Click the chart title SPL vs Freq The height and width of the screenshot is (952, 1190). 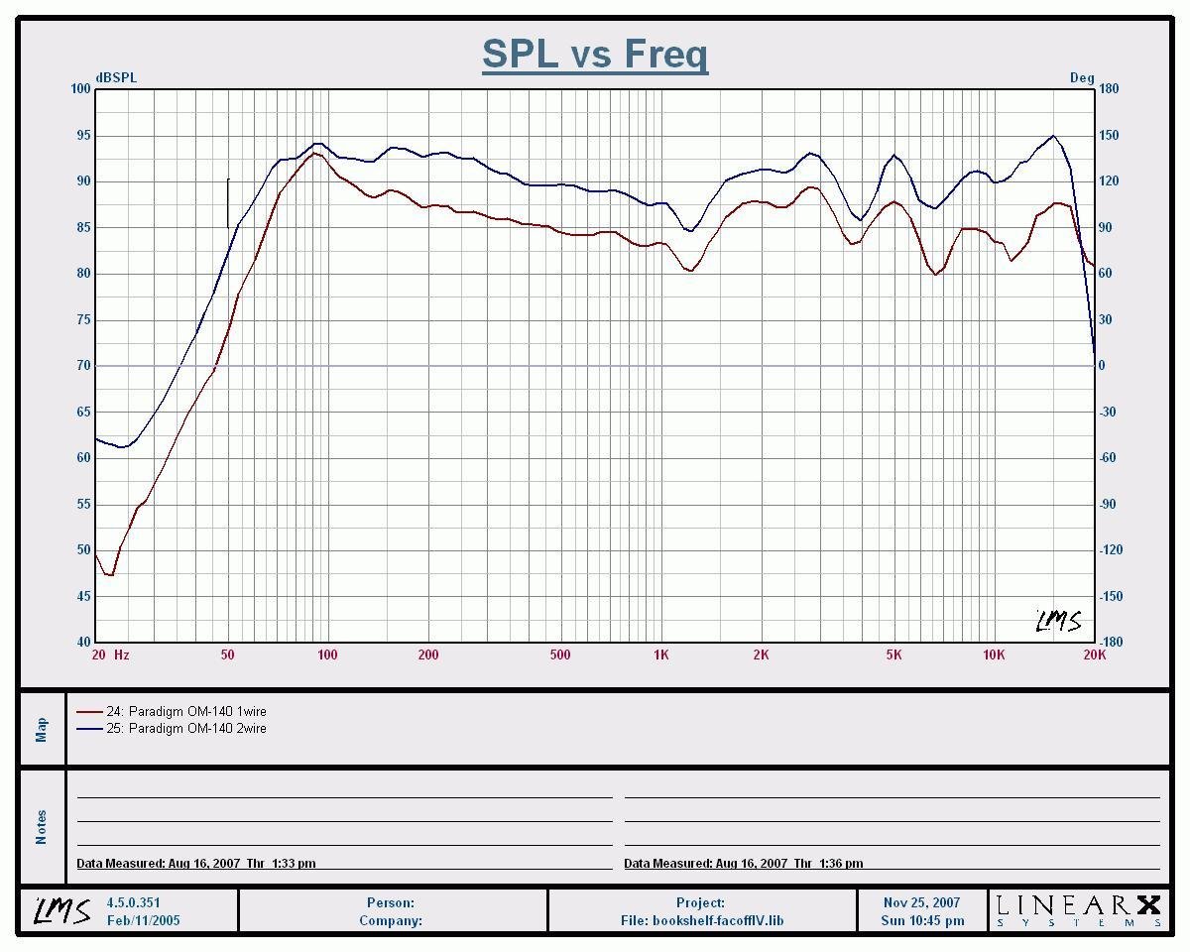(595, 54)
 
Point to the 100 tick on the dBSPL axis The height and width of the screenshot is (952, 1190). (80, 89)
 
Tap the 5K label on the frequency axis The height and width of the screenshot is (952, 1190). (893, 654)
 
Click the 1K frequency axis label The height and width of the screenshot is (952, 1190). (661, 654)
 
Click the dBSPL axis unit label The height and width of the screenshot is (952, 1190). (116, 77)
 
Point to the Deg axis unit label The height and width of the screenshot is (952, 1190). (1082, 77)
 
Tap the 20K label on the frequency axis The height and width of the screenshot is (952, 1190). (1094, 654)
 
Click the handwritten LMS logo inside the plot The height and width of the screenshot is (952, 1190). (1058, 622)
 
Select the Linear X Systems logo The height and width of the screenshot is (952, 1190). (1078, 909)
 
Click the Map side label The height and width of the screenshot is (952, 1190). (42, 730)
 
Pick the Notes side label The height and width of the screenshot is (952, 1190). (42, 827)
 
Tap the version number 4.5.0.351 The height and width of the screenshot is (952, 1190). (133, 902)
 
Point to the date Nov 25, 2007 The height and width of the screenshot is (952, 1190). (922, 902)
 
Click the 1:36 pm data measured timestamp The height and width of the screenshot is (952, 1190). (743, 863)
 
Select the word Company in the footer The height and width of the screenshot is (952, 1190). (391, 920)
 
